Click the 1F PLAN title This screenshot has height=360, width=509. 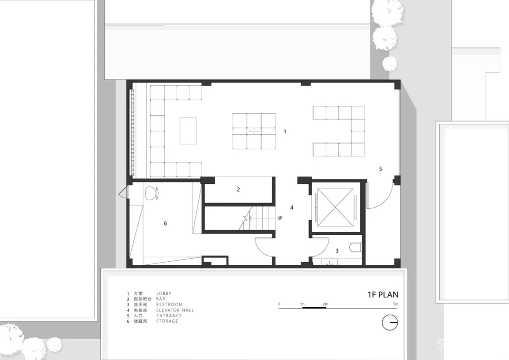[383, 294]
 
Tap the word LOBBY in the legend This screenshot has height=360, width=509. [164, 294]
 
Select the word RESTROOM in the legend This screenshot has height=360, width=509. [169, 304]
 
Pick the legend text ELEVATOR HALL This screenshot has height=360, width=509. [175, 310]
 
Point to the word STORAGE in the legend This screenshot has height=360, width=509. [167, 321]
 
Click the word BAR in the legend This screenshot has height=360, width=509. [161, 299]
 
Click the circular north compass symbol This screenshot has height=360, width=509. [390, 323]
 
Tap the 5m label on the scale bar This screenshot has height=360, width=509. [395, 304]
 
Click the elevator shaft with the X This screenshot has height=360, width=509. [335, 207]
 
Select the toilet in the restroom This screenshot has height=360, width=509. [355, 248]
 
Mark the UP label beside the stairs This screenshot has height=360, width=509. [280, 218]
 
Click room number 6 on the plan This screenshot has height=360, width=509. [166, 223]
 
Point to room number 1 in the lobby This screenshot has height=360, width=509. [285, 131]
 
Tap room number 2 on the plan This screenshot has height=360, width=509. [238, 189]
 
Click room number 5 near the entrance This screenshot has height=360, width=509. [380, 168]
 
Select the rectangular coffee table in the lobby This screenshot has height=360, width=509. [188, 131]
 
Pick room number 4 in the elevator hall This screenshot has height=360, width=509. [292, 207]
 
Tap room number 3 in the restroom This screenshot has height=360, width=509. [336, 251]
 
